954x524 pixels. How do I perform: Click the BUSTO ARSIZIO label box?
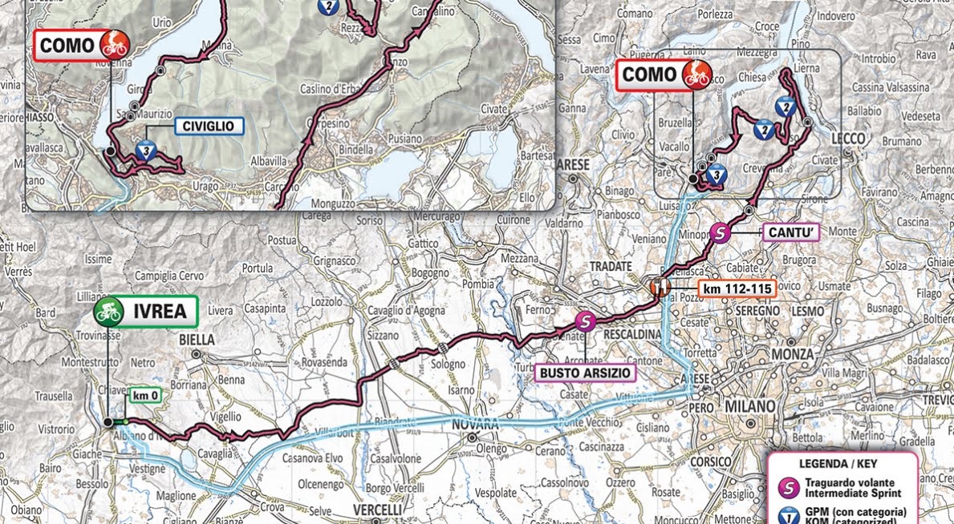pos(586,373)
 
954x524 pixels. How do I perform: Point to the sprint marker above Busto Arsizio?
pos(586,321)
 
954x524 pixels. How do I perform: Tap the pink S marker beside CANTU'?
pos(721,233)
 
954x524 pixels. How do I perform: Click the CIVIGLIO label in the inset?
pos(207,126)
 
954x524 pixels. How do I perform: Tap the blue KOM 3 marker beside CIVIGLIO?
pos(145,150)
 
